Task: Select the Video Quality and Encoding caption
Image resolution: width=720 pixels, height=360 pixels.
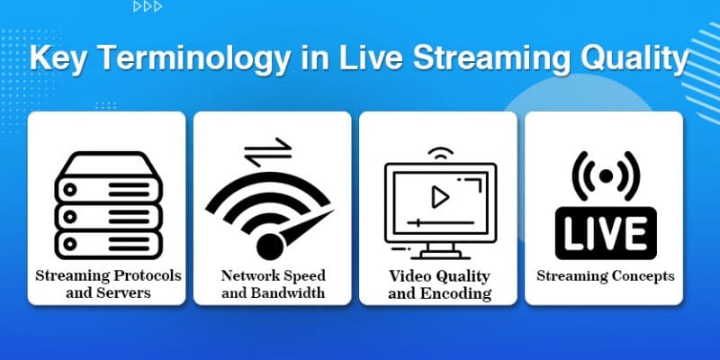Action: tap(439, 283)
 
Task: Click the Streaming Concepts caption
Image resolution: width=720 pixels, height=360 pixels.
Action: tap(605, 276)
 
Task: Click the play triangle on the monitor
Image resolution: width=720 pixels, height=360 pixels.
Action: tap(440, 196)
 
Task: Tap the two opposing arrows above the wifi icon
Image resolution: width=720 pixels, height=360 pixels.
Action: tap(268, 149)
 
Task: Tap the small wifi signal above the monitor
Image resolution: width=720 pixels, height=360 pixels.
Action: tap(440, 153)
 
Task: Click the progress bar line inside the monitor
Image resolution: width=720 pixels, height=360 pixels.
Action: tap(440, 220)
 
